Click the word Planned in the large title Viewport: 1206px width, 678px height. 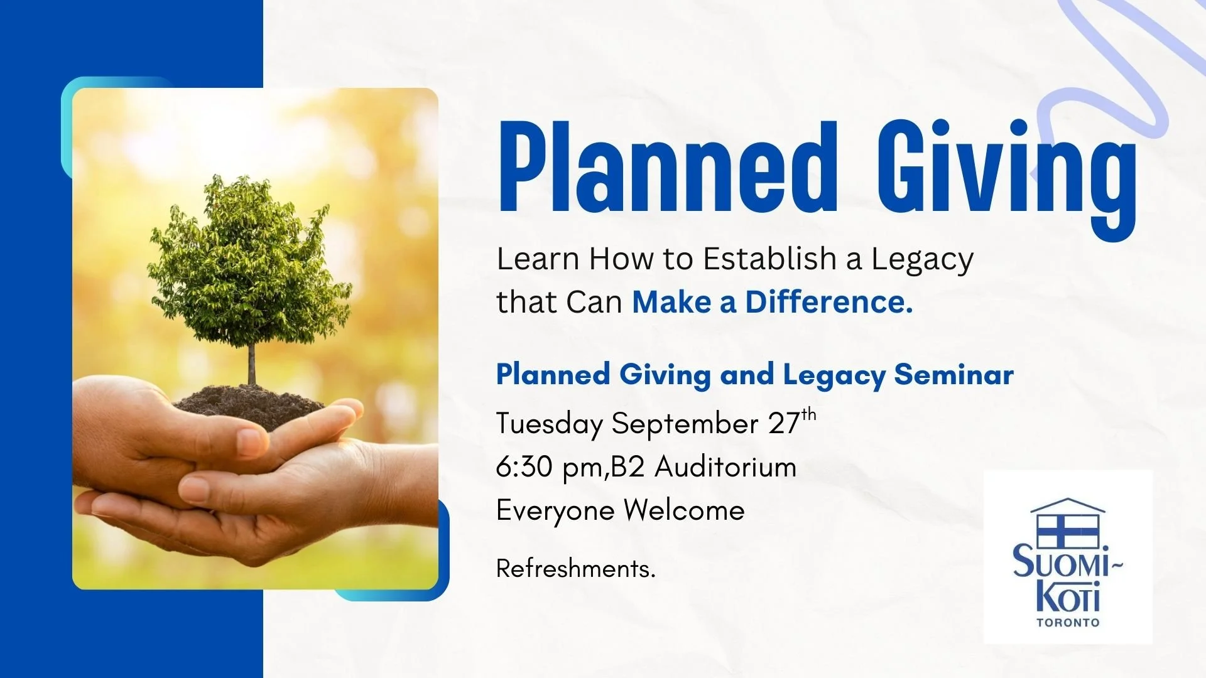click(x=668, y=168)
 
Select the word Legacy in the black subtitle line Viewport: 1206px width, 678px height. click(x=921, y=260)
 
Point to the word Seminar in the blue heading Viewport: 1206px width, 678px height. click(x=953, y=375)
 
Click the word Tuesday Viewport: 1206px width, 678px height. click(x=549, y=424)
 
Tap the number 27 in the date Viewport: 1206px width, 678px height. click(x=783, y=424)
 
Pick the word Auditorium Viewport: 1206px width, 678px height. click(x=725, y=468)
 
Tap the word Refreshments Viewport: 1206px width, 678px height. click(x=575, y=569)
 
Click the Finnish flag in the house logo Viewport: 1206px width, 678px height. click(x=1067, y=530)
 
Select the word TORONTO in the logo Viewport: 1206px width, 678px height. click(x=1068, y=623)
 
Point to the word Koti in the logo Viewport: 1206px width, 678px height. click(x=1067, y=597)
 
